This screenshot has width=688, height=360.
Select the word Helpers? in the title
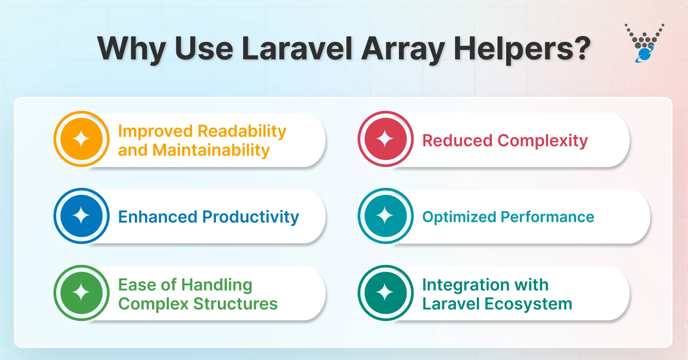pyautogui.click(x=522, y=49)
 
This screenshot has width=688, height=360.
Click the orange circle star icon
pyautogui.click(x=81, y=139)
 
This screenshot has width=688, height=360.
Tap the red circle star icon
pyautogui.click(x=386, y=139)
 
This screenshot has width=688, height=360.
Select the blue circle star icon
pyautogui.click(x=81, y=216)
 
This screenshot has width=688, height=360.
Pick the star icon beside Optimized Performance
pyautogui.click(x=386, y=216)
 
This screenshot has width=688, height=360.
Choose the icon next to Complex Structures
pyautogui.click(x=81, y=293)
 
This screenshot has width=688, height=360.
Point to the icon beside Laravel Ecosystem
pyautogui.click(x=386, y=293)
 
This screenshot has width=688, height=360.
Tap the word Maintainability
pyautogui.click(x=211, y=150)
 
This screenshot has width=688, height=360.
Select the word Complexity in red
pyautogui.click(x=542, y=141)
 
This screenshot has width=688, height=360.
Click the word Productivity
pyautogui.click(x=251, y=217)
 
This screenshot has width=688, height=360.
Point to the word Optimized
pyautogui.click(x=459, y=217)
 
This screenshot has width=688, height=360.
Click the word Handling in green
pyautogui.click(x=217, y=285)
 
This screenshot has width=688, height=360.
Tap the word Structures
pyautogui.click(x=235, y=304)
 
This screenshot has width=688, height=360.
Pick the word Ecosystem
pyautogui.click(x=528, y=304)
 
